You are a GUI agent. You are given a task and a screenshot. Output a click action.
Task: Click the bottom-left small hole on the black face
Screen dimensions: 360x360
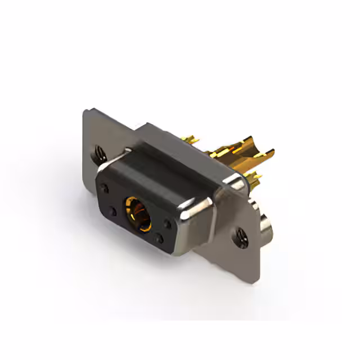point(113,212)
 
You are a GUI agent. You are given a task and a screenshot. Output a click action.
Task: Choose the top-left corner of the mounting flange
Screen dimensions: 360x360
point(85,110)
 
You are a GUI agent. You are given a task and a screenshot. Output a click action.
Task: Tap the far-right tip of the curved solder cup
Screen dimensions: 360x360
point(273,151)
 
